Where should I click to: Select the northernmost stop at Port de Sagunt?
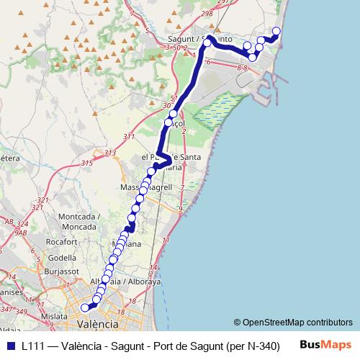pyautogui.click(x=276, y=30)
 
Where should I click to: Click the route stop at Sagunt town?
pyautogui.click(x=207, y=43)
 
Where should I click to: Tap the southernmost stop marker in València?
pyautogui.click(x=85, y=307)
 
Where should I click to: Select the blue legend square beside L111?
pyautogui.click(x=9, y=346)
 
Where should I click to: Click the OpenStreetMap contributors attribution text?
pyautogui.click(x=293, y=323)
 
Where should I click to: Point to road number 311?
pyautogui.click(x=130, y=136)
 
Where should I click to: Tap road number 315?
pyautogui.click(x=86, y=163)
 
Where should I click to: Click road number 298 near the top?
pyautogui.click(x=209, y=14)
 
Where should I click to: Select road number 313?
pyautogui.click(x=109, y=153)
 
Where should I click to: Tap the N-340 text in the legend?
pyautogui.click(x=258, y=346)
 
